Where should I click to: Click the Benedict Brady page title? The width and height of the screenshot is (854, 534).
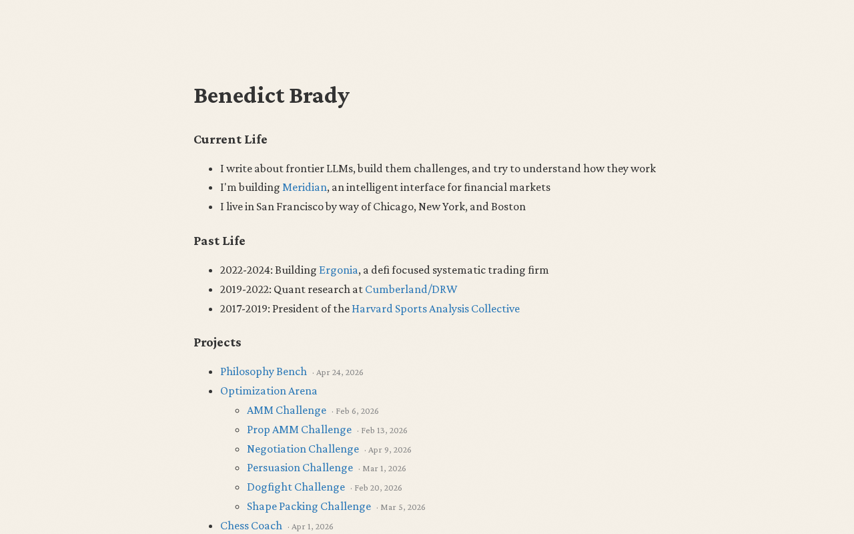point(271,95)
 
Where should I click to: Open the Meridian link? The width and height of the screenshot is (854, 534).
point(304,188)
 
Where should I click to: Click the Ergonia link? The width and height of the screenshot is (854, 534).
point(338,270)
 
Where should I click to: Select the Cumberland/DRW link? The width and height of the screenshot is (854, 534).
point(411,290)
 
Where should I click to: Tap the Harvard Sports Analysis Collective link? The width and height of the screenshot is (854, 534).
point(435,309)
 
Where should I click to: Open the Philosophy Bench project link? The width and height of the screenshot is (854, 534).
point(264,372)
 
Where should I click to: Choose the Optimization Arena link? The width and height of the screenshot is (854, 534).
point(268,391)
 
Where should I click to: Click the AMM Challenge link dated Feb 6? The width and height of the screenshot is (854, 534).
point(286,411)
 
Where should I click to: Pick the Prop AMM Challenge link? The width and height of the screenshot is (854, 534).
point(299,430)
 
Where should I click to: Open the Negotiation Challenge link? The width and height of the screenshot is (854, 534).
point(303,449)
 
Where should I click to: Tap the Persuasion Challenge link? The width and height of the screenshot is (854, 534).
point(300,468)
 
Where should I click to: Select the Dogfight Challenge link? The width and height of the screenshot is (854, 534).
point(296,487)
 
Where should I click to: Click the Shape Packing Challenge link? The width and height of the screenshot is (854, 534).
point(309,507)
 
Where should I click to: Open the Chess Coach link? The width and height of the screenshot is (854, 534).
point(251,526)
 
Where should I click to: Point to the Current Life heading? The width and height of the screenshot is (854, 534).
point(230,140)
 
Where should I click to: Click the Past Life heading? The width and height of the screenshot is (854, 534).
point(220,241)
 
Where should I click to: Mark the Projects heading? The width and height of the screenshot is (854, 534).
point(218,342)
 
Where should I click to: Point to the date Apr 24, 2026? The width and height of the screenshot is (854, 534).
point(340,372)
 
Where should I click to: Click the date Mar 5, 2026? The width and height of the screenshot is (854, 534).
point(402,507)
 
